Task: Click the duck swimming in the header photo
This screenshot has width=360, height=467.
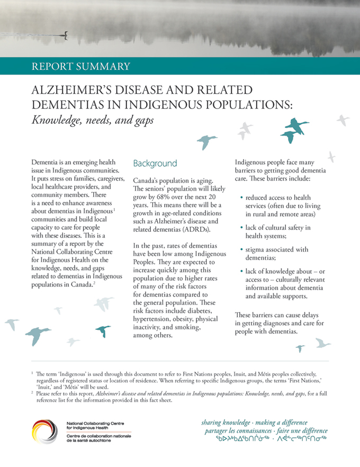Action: tap(65, 36)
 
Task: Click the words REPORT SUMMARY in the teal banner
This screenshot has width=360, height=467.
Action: tap(81, 66)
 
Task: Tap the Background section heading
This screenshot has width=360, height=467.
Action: tap(155, 163)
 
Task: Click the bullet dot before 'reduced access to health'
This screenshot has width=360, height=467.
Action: tap(242, 197)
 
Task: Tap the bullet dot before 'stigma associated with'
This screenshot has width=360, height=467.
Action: tap(242, 249)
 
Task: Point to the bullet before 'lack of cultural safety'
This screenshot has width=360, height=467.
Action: tap(242, 228)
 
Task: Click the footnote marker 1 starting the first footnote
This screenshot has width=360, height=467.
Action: tap(32, 373)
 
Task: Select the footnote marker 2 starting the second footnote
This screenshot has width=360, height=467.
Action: tap(32, 392)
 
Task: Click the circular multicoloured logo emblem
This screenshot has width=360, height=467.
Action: tap(45, 431)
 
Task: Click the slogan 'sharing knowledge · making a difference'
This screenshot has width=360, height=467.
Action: tap(254, 423)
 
